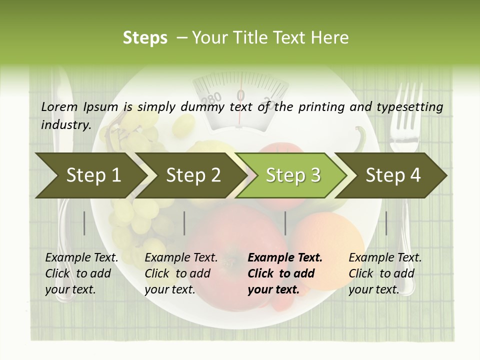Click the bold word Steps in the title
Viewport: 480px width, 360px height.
[x=145, y=37]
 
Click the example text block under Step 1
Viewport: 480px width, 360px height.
[x=81, y=273]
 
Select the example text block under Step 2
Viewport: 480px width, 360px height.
[x=181, y=273]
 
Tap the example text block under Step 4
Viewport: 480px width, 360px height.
[x=385, y=273]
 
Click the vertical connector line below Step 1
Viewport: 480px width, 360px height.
[x=84, y=223]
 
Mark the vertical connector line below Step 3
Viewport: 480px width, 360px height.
[x=285, y=223]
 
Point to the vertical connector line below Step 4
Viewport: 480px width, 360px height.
[x=386, y=223]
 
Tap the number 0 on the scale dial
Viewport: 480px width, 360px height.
[x=241, y=94]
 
